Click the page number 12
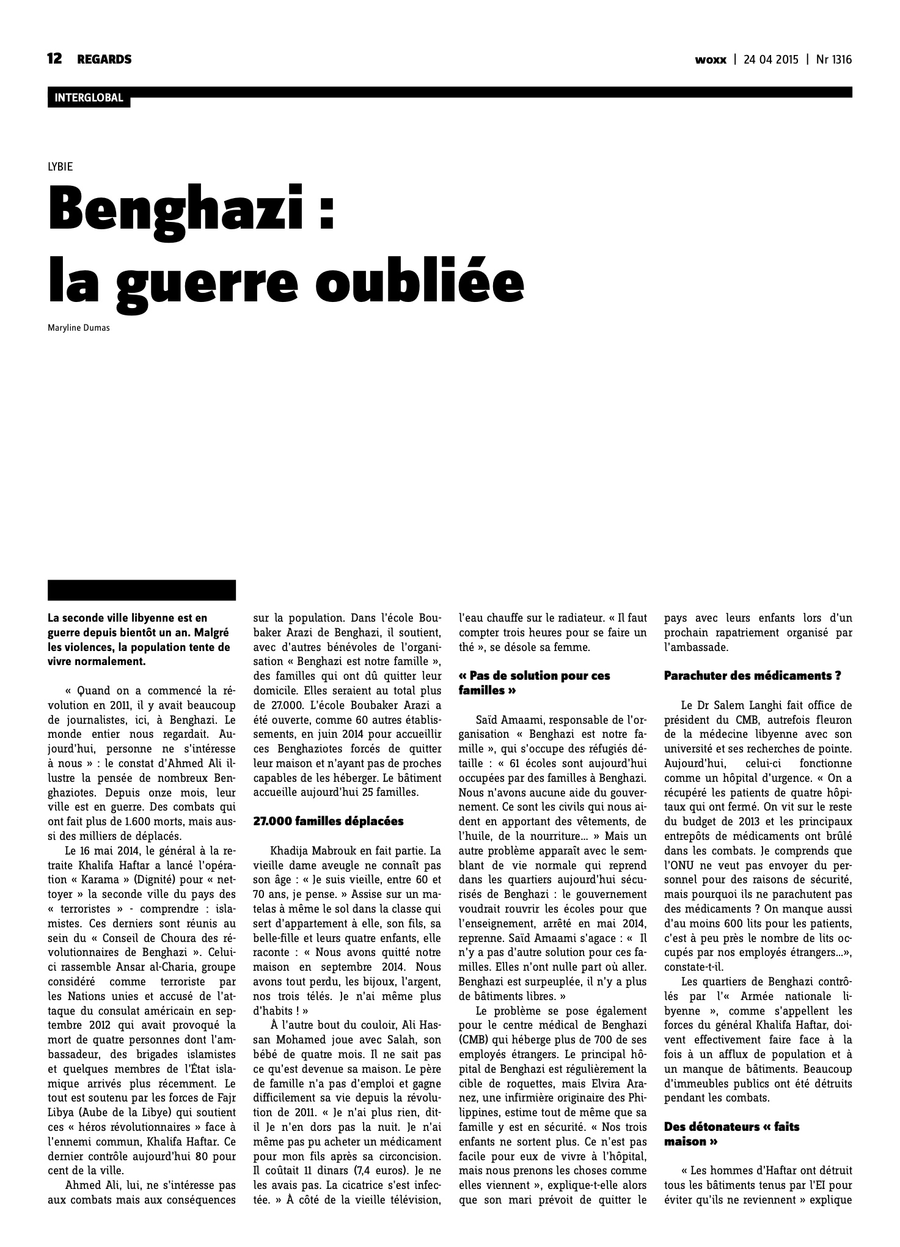click(x=54, y=59)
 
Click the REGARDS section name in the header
click(x=104, y=59)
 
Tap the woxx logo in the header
click(x=711, y=60)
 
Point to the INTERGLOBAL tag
click(x=89, y=98)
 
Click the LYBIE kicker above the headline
click(x=60, y=166)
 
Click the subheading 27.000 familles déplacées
click(x=328, y=821)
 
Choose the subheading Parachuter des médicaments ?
click(x=752, y=675)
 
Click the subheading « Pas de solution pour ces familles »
click(x=534, y=683)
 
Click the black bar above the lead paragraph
click(x=142, y=590)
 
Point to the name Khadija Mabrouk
click(x=318, y=850)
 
